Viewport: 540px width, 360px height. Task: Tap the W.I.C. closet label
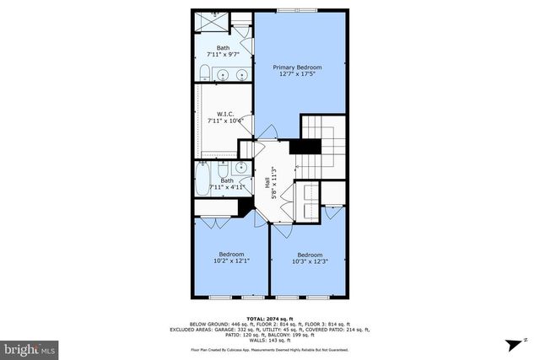pyautogui.click(x=224, y=118)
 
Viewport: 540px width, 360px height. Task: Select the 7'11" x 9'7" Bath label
pyautogui.click(x=223, y=51)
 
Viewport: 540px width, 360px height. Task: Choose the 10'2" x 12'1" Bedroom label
pyautogui.click(x=231, y=258)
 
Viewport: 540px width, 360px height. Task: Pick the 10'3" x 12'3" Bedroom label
pyautogui.click(x=309, y=258)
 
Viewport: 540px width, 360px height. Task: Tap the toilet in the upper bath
pyautogui.click(x=205, y=73)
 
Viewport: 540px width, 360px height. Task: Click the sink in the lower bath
pyautogui.click(x=242, y=168)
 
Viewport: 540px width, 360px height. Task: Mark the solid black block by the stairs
pyautogui.click(x=301, y=146)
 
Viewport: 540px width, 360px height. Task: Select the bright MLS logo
pyautogui.click(x=30, y=347)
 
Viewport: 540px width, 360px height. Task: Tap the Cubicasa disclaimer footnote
pyautogui.click(x=269, y=348)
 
